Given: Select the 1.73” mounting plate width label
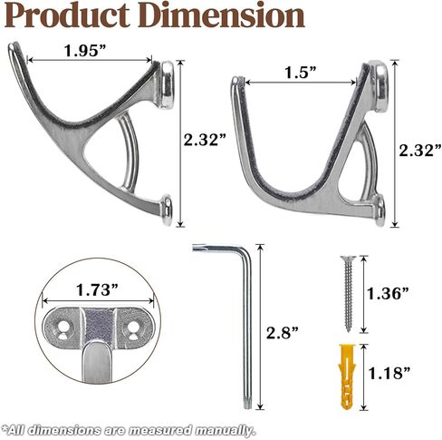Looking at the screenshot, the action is pyautogui.click(x=97, y=290).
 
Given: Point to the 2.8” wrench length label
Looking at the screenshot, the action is pyautogui.click(x=282, y=333).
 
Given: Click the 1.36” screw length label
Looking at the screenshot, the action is pyautogui.click(x=388, y=293).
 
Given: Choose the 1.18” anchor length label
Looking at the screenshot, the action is pyautogui.click(x=389, y=373).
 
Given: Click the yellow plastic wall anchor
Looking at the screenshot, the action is pyautogui.click(x=348, y=376).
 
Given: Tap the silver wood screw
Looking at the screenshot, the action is pyautogui.click(x=348, y=293).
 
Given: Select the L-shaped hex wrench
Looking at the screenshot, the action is pyautogui.click(x=246, y=302).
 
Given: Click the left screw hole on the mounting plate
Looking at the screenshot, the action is pyautogui.click(x=63, y=326).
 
